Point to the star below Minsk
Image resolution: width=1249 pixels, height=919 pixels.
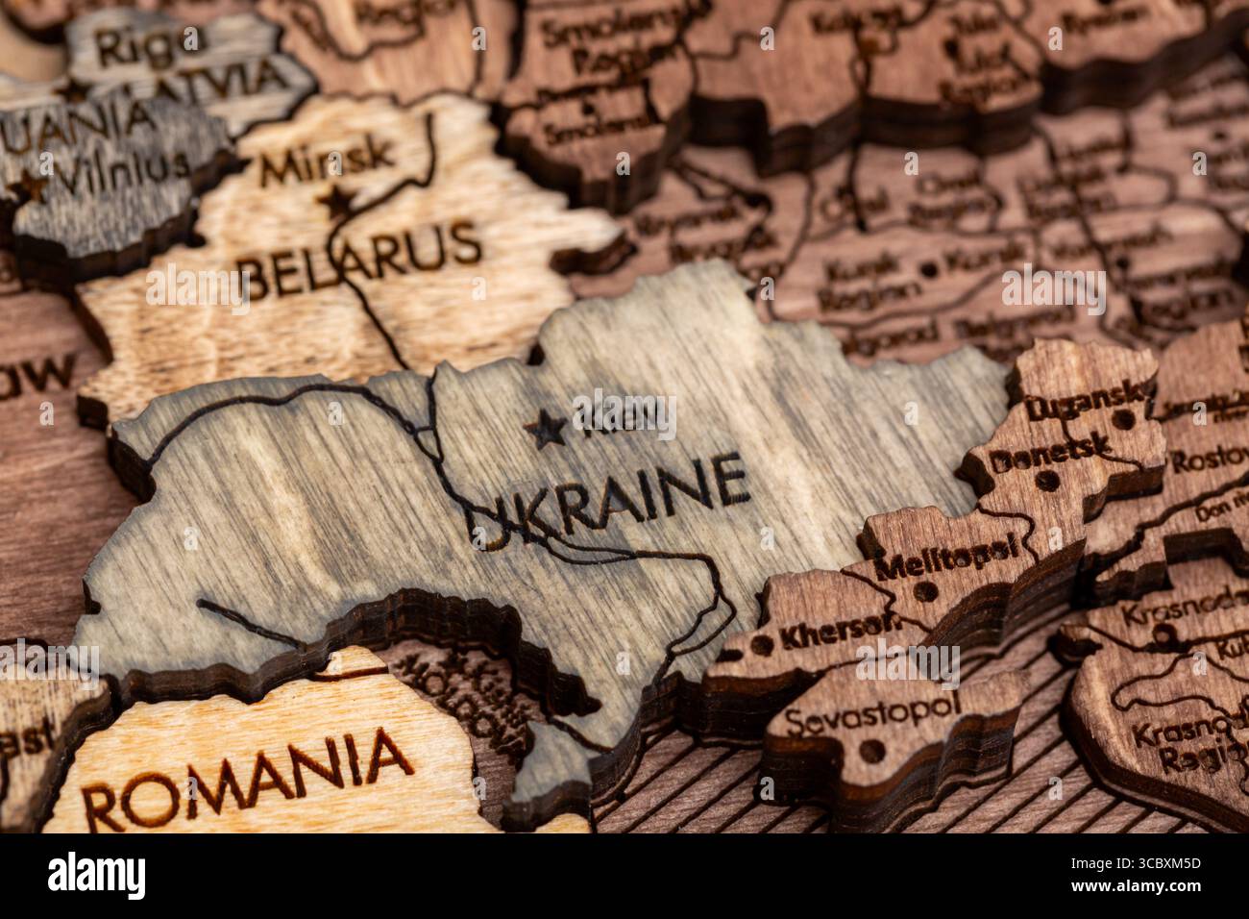[x=336, y=202]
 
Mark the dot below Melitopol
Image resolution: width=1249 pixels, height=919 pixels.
[x=925, y=589]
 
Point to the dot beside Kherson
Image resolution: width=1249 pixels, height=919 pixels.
[x=761, y=641]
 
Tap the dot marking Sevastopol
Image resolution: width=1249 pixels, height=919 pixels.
[x=871, y=748]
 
